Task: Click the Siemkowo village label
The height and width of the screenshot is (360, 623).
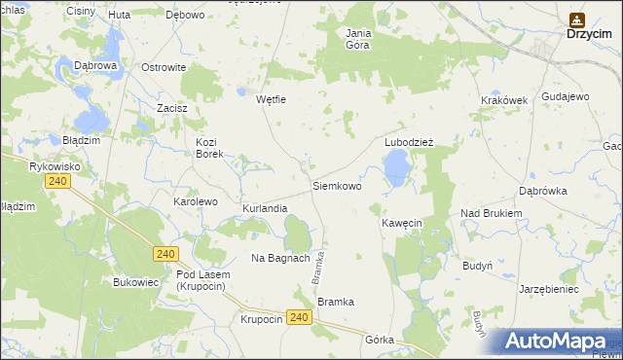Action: tap(336, 185)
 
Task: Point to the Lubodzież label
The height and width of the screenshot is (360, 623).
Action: tap(409, 141)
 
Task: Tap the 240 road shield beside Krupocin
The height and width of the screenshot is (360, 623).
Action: tap(300, 318)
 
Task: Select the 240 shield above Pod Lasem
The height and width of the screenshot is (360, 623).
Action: tap(165, 253)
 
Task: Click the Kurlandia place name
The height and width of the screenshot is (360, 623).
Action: tap(265, 208)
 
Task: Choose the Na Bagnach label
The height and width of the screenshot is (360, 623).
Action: tap(280, 258)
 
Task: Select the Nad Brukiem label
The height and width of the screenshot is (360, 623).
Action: tap(492, 212)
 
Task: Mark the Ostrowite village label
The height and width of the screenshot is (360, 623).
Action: tap(164, 67)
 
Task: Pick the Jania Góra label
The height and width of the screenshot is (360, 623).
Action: tap(359, 38)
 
